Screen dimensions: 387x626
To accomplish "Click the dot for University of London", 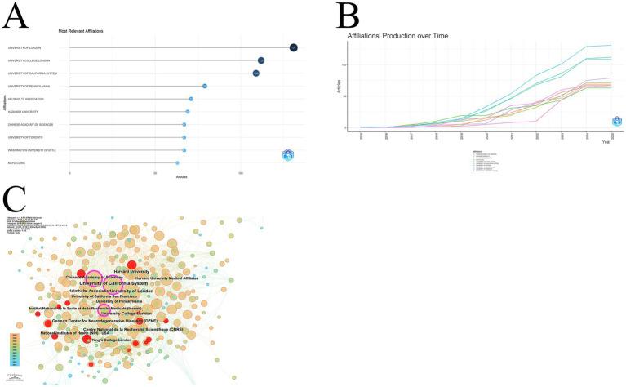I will click(x=293, y=47).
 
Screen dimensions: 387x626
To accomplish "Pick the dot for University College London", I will click(x=260, y=60).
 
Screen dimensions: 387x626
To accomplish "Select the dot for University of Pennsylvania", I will click(x=205, y=86).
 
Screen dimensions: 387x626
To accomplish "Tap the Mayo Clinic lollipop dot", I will click(x=177, y=162).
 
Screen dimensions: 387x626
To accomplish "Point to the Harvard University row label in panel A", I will click(x=24, y=111).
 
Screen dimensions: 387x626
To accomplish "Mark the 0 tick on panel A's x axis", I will click(x=70, y=174).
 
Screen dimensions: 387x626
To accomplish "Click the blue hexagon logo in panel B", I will click(x=618, y=122).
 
